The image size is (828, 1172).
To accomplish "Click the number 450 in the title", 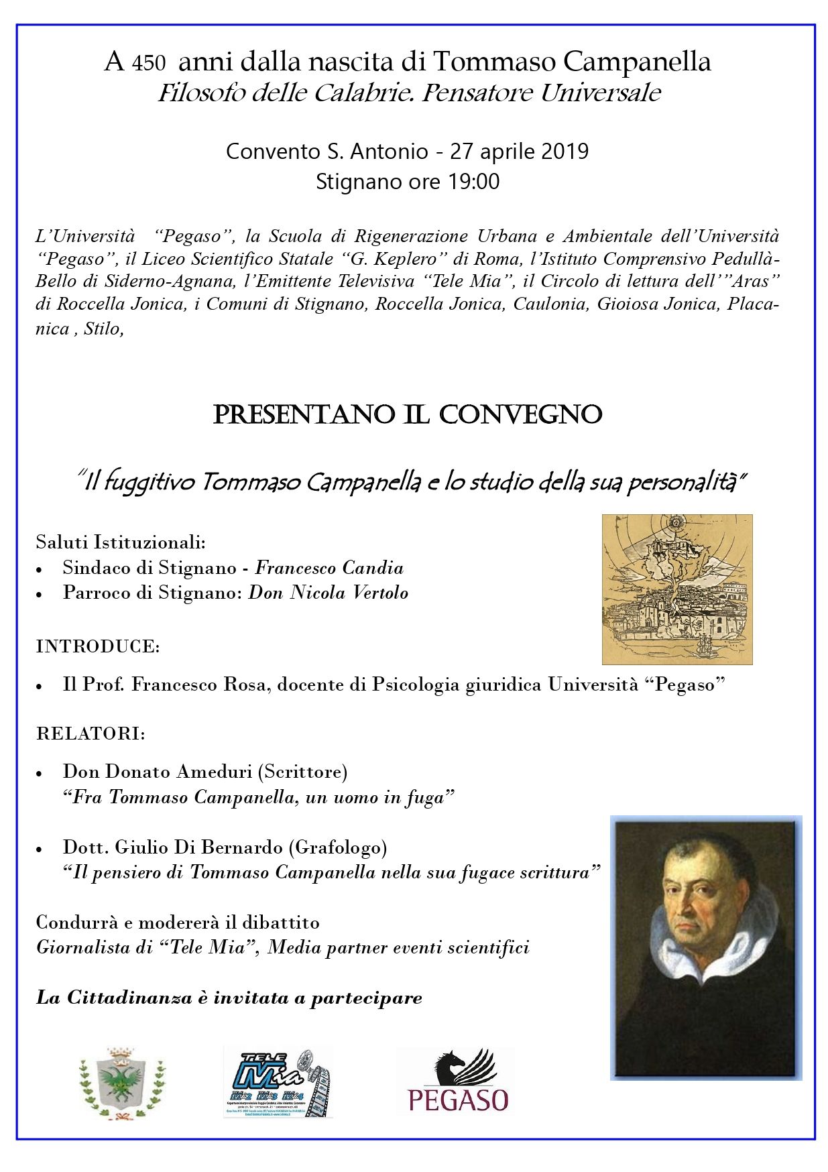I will click(148, 64).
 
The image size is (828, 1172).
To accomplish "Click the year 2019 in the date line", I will click(564, 152).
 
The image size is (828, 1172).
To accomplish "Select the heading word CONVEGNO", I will click(520, 414).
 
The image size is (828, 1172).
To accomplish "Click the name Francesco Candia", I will click(329, 568).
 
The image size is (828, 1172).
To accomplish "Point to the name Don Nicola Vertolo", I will click(328, 593).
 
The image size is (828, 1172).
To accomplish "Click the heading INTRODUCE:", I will click(98, 646).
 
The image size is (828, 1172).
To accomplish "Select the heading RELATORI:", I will click(91, 734).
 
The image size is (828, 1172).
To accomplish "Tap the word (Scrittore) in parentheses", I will click(302, 772).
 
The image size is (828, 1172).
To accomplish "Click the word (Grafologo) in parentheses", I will click(338, 847).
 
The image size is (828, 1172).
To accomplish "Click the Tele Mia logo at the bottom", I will click(278, 1083).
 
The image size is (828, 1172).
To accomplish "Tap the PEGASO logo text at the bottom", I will click(458, 1101).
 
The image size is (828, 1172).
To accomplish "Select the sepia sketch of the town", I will click(676, 589).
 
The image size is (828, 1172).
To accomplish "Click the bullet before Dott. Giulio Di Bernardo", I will click(40, 849).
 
